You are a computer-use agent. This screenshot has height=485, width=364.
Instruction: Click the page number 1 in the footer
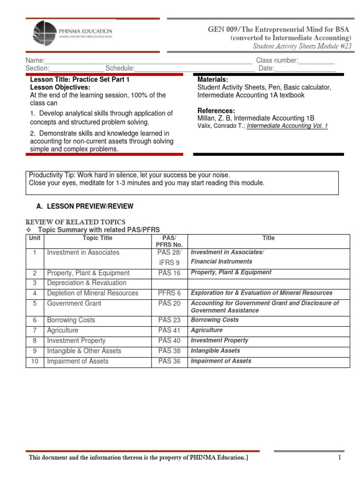coord(340,457)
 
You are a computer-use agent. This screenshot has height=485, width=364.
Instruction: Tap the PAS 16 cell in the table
coord(170,273)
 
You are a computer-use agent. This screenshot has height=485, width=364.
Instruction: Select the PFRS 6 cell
coord(170,293)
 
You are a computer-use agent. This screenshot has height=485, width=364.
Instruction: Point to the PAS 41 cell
coord(170,331)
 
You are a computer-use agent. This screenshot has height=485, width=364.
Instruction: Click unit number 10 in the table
coord(35,361)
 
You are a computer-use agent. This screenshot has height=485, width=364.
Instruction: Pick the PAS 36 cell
coord(170,361)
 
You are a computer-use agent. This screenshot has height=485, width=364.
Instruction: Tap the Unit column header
coord(35,238)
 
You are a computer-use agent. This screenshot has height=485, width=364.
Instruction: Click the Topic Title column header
coord(98,238)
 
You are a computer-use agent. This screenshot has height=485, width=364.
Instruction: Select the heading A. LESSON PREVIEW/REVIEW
coord(85,207)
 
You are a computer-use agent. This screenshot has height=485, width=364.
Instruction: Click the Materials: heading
coord(213,80)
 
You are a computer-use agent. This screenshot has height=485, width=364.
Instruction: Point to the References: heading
coord(216,110)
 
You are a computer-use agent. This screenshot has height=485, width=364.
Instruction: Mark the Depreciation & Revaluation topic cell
coord(87,283)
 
